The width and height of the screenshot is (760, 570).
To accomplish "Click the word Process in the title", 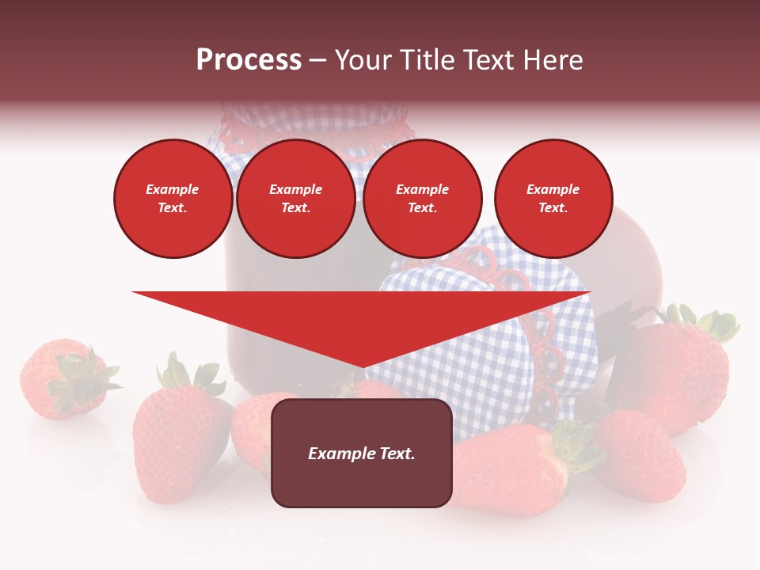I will point(249,60).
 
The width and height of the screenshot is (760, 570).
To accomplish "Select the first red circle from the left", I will point(173,199).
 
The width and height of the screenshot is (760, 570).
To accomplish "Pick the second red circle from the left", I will point(296,199).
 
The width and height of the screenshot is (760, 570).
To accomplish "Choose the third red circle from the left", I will point(423,199).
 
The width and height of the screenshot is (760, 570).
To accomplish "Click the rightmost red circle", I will point(553,199).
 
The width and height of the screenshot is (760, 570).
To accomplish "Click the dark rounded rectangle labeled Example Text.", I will point(362,453).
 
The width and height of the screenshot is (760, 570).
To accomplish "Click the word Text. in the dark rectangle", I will point(396,454).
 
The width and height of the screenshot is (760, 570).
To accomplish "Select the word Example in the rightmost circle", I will point(553,189).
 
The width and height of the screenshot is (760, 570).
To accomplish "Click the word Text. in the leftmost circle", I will point(173,208).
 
